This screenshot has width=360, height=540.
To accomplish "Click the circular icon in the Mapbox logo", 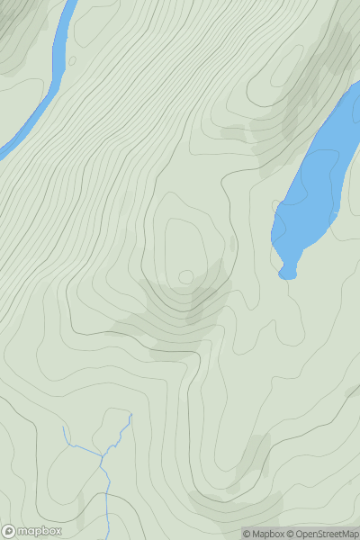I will tap(10, 531).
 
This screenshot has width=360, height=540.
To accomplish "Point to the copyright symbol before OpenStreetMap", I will tap(291, 534).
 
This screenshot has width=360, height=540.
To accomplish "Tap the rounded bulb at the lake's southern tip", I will tap(287, 270).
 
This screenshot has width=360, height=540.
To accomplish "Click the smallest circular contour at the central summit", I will tap(186, 276).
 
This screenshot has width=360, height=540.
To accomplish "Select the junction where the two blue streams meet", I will tap(103, 456).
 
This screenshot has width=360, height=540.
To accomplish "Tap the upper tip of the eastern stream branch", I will tap(130, 415).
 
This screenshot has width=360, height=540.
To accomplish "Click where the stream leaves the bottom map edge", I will tap(107, 538).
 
